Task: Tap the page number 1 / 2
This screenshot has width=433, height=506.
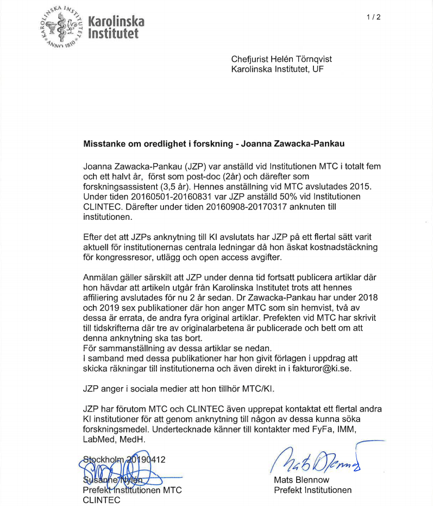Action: tap(373, 17)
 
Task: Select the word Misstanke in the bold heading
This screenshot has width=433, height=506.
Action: tap(105, 144)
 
